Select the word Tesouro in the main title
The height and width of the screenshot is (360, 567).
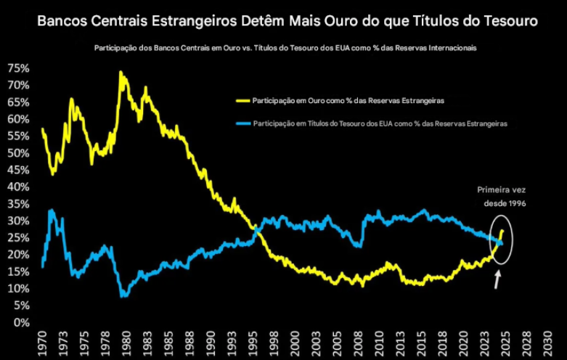click(x=504, y=22)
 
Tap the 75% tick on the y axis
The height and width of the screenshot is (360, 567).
click(x=19, y=68)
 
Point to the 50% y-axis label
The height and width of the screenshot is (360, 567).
click(x=19, y=153)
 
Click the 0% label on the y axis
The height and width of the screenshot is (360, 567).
click(x=22, y=323)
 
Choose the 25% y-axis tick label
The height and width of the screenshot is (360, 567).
click(x=19, y=238)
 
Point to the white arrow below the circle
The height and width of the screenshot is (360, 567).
click(x=497, y=279)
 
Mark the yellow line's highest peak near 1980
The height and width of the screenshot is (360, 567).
click(x=121, y=72)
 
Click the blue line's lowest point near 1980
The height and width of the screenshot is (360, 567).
click(x=124, y=296)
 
